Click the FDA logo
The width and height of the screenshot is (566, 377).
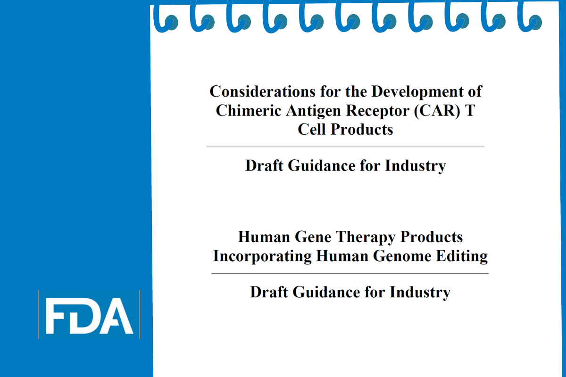tap(89, 315)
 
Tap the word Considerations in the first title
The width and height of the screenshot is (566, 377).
tap(263, 91)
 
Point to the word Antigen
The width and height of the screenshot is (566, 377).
tap(314, 111)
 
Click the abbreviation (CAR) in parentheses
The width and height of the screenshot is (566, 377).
tap(437, 111)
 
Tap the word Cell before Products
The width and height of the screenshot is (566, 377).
tap(312, 130)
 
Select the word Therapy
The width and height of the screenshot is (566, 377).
tap(366, 238)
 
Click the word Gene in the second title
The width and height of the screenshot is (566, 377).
tap(313, 237)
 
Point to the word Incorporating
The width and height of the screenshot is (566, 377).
tap(262, 256)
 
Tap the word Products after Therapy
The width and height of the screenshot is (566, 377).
tap(431, 237)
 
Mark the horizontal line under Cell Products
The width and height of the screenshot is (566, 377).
tap(345, 147)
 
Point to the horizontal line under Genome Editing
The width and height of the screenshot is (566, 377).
tap(350, 273)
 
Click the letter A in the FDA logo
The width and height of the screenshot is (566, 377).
tap(116, 316)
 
